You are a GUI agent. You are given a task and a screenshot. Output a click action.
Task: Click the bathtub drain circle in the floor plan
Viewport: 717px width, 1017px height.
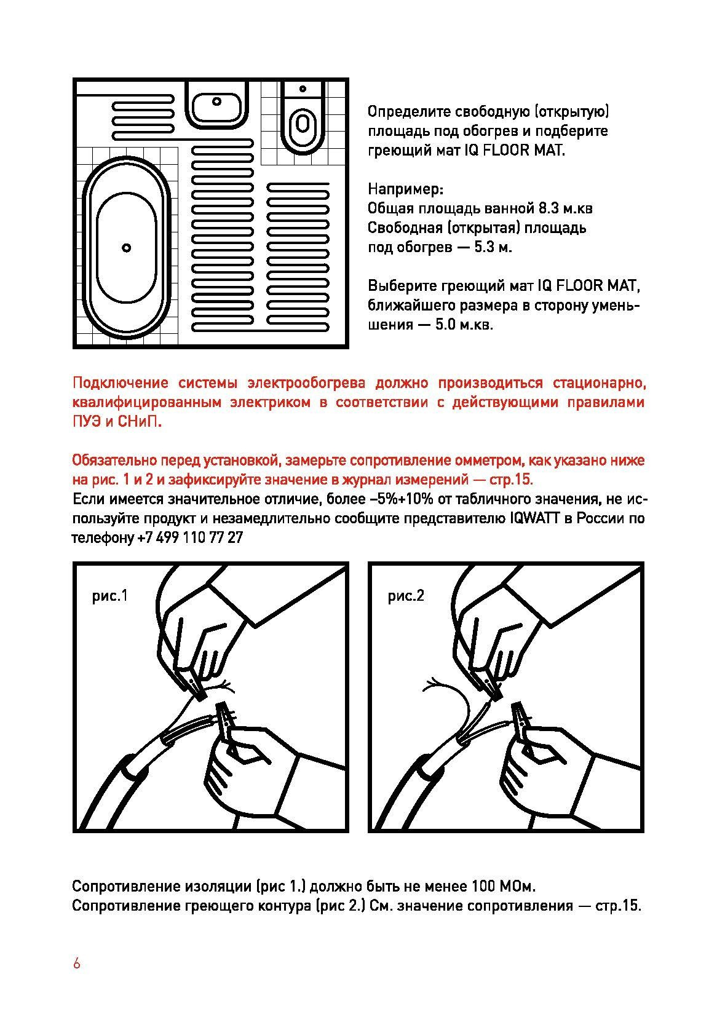126,248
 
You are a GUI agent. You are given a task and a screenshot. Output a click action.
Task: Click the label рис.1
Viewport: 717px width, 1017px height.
110,596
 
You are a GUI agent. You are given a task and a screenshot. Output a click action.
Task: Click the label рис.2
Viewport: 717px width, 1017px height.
406,596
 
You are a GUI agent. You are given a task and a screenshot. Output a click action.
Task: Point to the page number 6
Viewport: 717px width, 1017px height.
76,964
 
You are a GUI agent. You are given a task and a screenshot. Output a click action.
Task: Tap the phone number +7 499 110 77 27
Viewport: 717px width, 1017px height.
190,537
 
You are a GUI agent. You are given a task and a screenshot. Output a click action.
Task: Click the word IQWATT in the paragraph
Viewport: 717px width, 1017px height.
533,518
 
